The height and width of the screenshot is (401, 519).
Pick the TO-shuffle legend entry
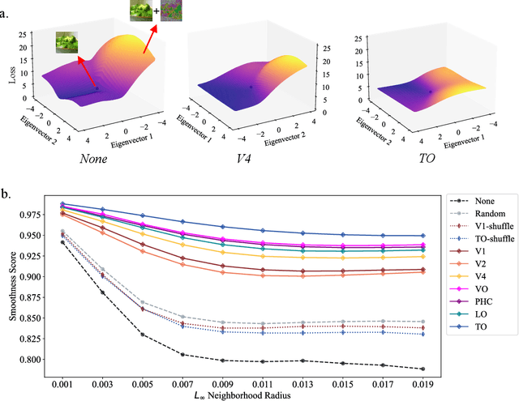(483, 239)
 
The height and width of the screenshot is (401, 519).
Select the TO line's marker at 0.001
(62, 204)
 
